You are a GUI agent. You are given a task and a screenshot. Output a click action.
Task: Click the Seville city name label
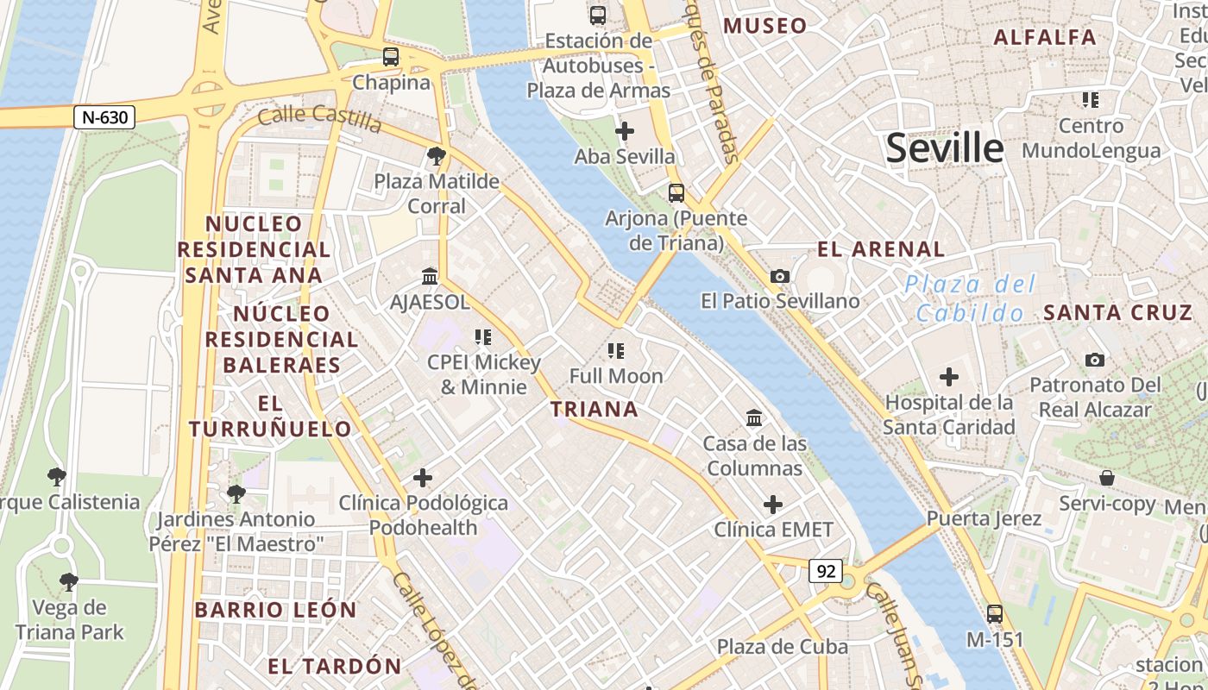[x=945, y=148]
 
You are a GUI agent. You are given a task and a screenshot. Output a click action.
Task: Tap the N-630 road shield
[x=104, y=117]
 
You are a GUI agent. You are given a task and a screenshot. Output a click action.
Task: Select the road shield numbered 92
[x=826, y=570]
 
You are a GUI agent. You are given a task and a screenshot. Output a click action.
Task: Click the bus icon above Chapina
[x=391, y=57]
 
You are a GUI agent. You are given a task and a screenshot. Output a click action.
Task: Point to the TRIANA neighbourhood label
[x=595, y=409]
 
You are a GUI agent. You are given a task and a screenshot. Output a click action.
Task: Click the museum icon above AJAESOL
[x=429, y=276]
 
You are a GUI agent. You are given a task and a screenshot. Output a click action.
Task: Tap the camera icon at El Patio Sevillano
[x=780, y=276]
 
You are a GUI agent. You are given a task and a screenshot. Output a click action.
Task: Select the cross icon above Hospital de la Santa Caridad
[x=949, y=377]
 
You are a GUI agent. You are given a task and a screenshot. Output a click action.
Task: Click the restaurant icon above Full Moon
[x=616, y=350]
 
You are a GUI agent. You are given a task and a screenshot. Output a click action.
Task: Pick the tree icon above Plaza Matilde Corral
[x=437, y=156]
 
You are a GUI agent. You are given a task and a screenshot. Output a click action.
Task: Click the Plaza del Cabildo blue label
[x=970, y=298]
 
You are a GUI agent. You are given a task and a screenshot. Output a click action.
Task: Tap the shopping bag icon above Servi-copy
[x=1107, y=478]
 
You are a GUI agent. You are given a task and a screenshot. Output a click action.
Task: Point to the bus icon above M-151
[x=995, y=614]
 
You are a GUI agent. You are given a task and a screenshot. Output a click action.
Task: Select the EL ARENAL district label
[x=881, y=249]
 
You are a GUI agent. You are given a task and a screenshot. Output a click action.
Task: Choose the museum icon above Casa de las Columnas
[x=754, y=418]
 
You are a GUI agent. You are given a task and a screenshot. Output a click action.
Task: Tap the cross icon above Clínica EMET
[x=773, y=504]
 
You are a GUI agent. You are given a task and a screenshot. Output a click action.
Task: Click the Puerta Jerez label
[x=984, y=519]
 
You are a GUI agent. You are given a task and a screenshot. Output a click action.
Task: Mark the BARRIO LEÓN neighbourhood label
[x=275, y=610]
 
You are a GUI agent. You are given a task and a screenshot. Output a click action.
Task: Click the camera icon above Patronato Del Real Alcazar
[x=1095, y=360]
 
